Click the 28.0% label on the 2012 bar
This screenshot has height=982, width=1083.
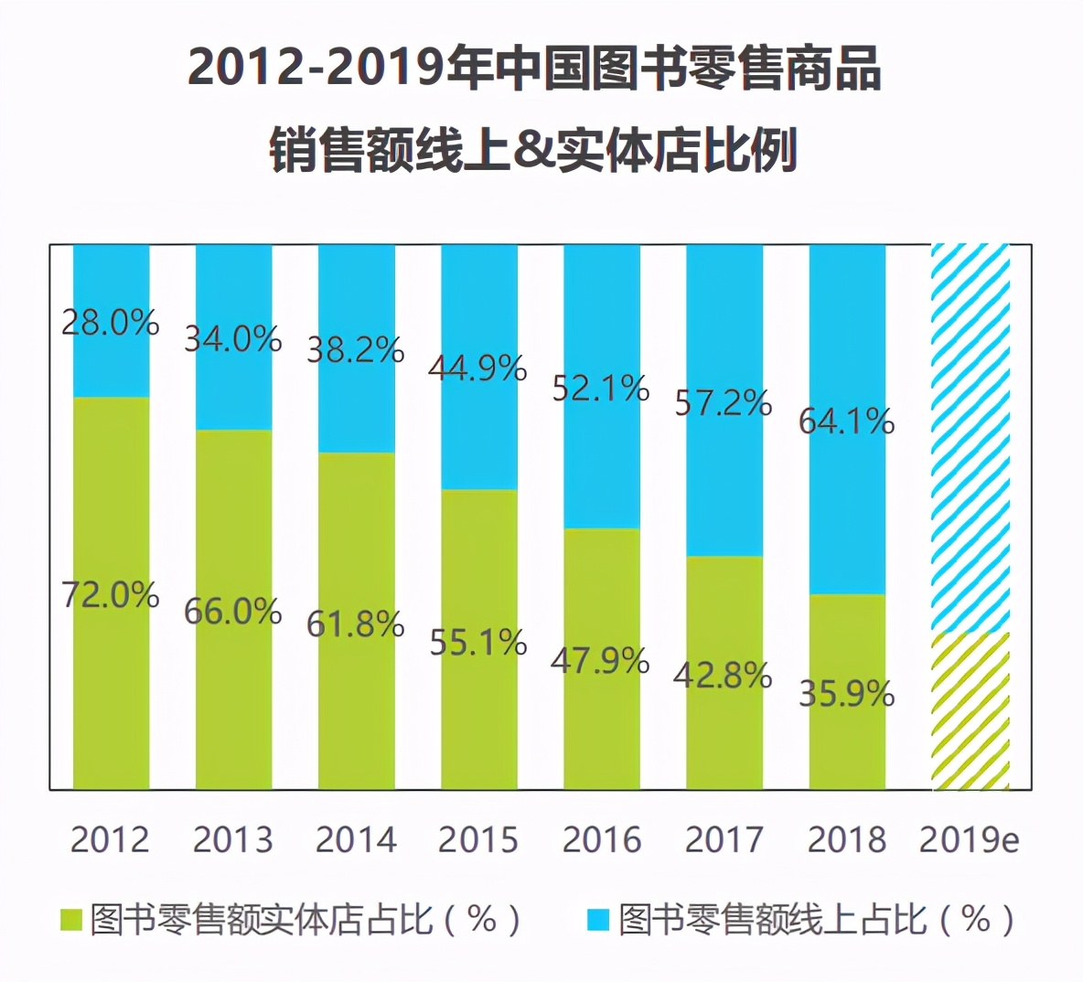110,323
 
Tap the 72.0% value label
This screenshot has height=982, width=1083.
110,595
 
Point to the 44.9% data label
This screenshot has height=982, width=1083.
477,368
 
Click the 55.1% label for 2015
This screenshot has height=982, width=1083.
477,643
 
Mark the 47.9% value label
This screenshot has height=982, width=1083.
600,660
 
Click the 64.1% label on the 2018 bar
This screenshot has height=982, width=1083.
846,422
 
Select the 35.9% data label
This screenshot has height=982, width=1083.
846,694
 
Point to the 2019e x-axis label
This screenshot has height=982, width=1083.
969,839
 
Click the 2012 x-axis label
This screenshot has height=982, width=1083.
110,839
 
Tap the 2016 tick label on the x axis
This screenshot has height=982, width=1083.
602,839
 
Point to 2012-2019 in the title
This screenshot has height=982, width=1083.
316,69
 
